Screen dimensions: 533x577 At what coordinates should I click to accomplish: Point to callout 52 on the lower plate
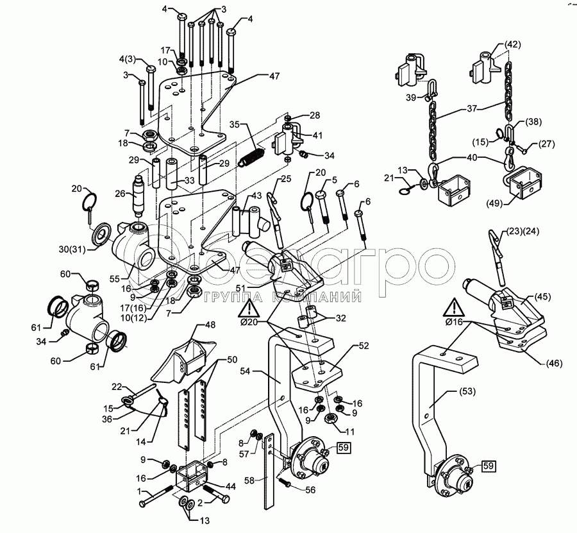363,345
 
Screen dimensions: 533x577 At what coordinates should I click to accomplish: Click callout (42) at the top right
512,44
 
